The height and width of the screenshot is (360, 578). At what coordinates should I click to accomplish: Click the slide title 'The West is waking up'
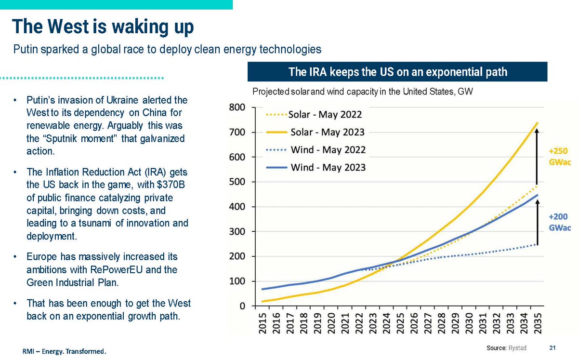coord(103,27)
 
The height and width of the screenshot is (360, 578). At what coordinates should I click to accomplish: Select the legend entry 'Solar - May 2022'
coord(326,115)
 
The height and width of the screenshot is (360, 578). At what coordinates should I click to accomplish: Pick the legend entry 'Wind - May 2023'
coord(328,167)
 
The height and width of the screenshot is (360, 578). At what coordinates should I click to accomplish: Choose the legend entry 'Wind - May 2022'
coord(328,150)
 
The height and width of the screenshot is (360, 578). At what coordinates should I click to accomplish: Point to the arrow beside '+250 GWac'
coord(538,154)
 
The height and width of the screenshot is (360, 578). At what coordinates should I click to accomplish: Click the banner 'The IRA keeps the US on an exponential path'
coord(397,72)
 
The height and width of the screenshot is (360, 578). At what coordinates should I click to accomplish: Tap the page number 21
coord(552,348)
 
